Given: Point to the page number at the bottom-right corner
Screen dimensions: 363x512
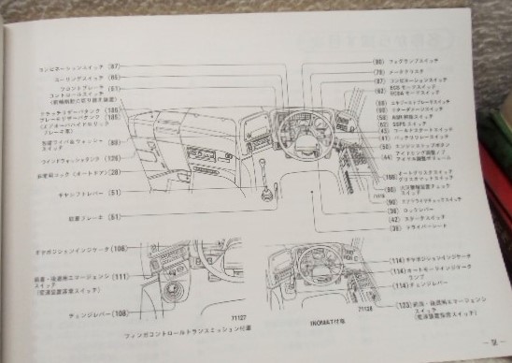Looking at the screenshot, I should pos(489,343).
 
